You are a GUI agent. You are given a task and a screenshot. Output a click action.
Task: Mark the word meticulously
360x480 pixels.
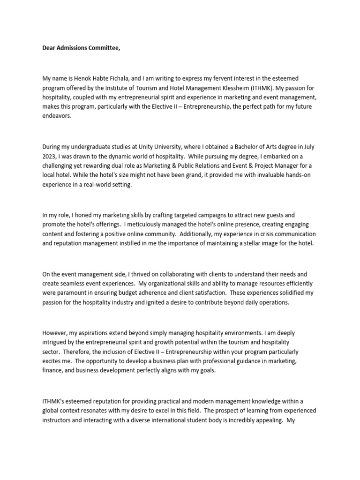pos(150,225)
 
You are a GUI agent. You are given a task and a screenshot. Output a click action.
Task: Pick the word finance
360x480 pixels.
pos(52,370)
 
